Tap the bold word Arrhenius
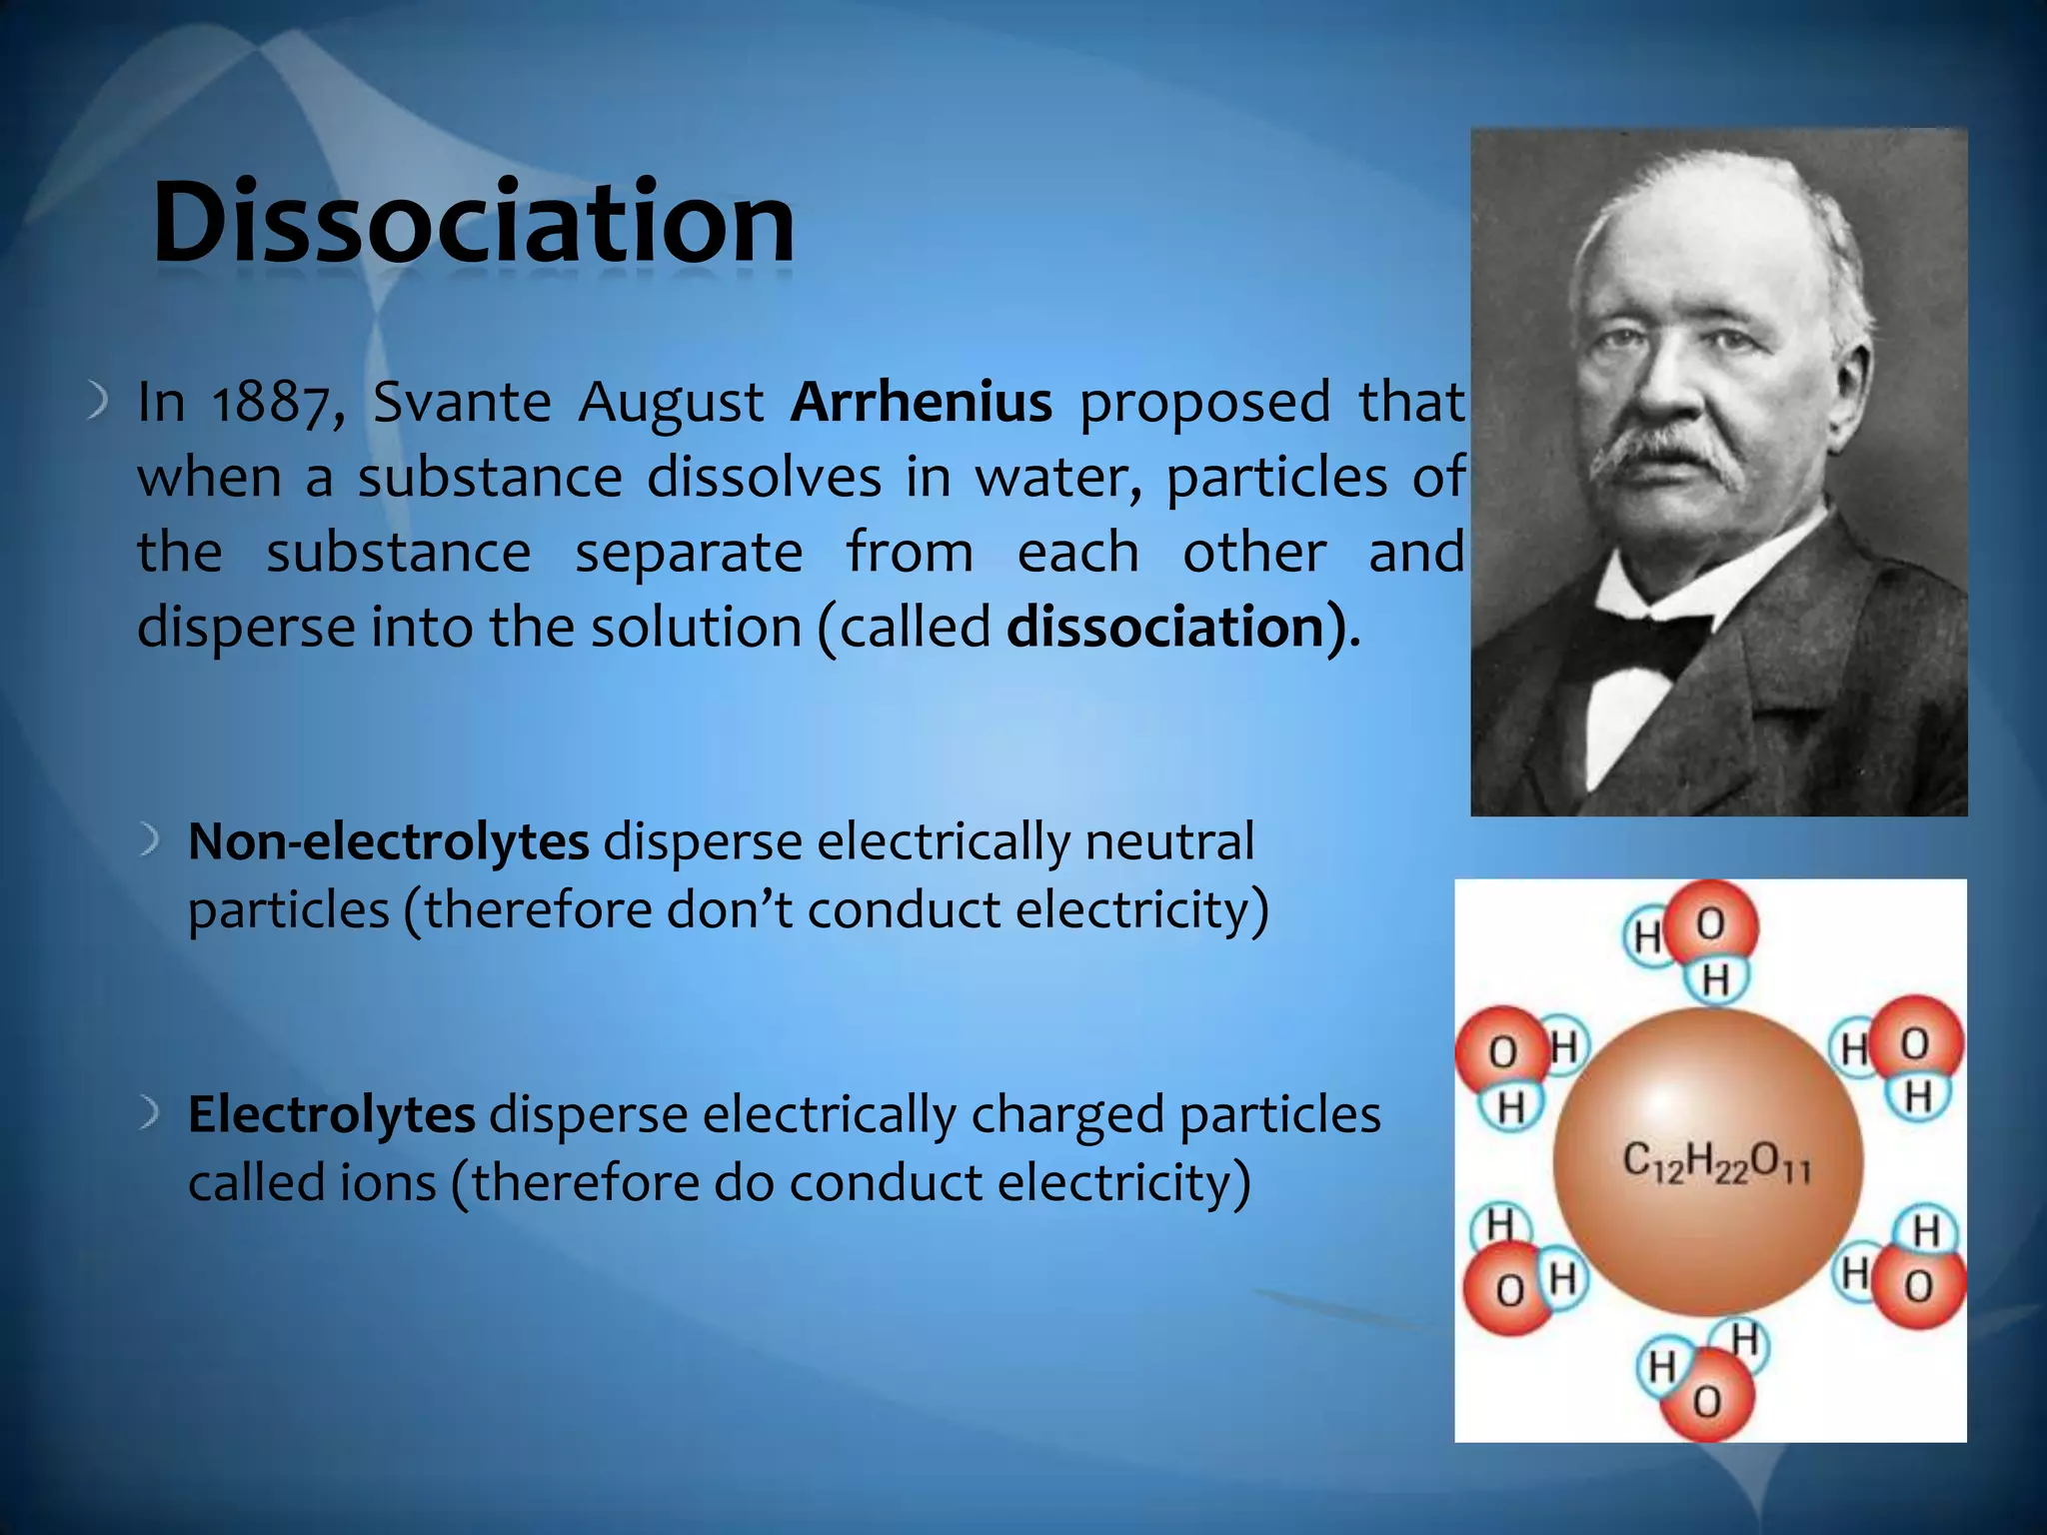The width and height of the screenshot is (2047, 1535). pos(921,402)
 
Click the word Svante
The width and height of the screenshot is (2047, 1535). pos(461,402)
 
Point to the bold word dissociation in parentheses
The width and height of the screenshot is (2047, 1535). pos(1165,628)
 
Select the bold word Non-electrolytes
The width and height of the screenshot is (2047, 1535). pos(388,841)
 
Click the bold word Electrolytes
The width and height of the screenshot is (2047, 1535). pos(331,1114)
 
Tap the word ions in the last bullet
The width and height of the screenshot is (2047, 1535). pos(388,1183)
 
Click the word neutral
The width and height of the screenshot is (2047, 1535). pos(1168,841)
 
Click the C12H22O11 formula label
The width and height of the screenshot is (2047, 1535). pos(1715,1163)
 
